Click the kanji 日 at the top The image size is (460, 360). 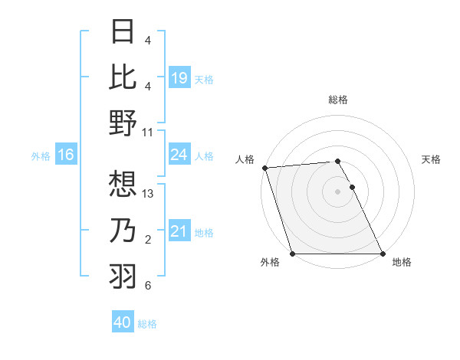coord(123,31)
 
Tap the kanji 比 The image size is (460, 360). coord(123,77)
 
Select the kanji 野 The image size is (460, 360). coord(123,123)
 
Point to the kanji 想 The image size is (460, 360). coord(123,183)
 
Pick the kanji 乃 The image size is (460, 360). coord(123,229)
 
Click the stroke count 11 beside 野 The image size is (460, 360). coord(148,133)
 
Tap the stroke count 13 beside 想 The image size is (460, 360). coord(148,193)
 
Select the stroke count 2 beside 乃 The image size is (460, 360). coord(148,241)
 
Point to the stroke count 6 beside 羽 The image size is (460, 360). coord(148,286)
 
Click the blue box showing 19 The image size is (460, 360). coord(179,77)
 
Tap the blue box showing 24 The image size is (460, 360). coord(179,155)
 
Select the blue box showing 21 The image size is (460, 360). coord(179,231)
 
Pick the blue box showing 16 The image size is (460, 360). coord(66,155)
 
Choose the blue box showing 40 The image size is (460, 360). coord(123,323)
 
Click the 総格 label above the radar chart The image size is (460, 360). coord(338,100)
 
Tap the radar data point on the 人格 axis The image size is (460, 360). coord(264,168)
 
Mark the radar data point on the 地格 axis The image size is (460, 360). coord(383,254)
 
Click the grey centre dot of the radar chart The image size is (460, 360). coord(338,191)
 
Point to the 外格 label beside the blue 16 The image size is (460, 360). coord(41,156)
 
